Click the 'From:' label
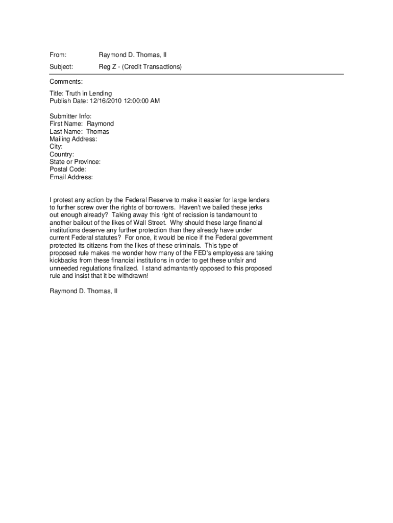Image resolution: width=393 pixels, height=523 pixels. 58,55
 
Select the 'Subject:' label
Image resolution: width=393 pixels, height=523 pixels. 61,67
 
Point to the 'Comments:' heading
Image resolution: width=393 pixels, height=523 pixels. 66,82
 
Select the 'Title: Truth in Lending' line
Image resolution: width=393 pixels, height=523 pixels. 81,93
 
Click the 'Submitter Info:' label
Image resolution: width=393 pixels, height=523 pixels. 70,116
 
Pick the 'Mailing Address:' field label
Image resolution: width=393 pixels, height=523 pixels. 73,139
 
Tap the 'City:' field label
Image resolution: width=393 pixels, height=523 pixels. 56,147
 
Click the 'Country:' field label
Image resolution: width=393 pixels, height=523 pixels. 62,154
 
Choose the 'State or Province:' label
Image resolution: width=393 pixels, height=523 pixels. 75,162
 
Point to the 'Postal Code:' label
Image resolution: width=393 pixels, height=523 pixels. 68,170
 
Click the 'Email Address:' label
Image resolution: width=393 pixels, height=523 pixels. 71,177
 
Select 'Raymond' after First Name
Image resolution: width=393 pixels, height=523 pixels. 100,124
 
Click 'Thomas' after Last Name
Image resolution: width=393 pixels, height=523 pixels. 97,132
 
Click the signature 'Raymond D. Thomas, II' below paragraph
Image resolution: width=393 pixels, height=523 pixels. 83,291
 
